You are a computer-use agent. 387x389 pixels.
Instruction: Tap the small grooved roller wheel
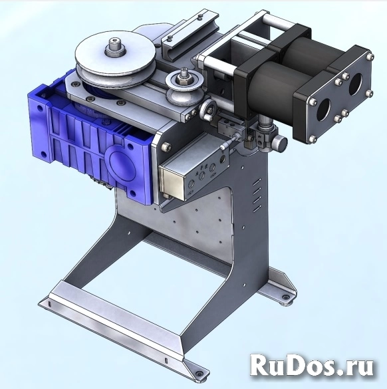pos(185,87)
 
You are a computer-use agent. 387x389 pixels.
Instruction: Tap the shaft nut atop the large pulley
pos(114,48)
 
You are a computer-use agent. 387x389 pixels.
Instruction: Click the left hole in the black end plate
pos(323,110)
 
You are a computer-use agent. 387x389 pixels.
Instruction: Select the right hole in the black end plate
pos(356,84)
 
